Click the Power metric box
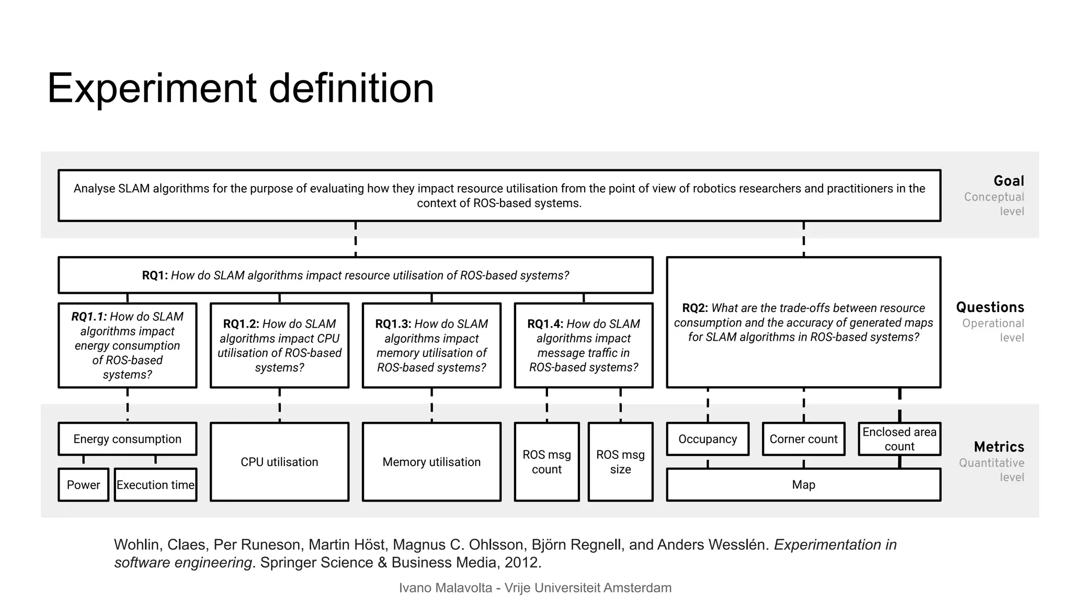pos(83,485)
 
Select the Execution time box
pos(155,485)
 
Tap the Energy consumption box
pos(127,439)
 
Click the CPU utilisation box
pos(279,462)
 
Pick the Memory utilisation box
pos(431,462)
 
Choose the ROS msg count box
pos(546,462)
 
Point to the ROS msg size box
pos(620,462)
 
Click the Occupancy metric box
pos(708,439)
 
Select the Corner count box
pos(803,439)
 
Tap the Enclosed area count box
pos(899,439)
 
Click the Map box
pos(803,485)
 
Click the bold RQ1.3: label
pos(393,324)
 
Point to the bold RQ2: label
pos(695,308)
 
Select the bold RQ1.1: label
pos(89,317)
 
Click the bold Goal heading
pos(1008,181)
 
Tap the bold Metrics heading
pos(999,447)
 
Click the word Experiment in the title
pos(152,89)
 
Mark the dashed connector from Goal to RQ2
pos(803,239)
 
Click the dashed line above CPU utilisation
pos(279,405)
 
